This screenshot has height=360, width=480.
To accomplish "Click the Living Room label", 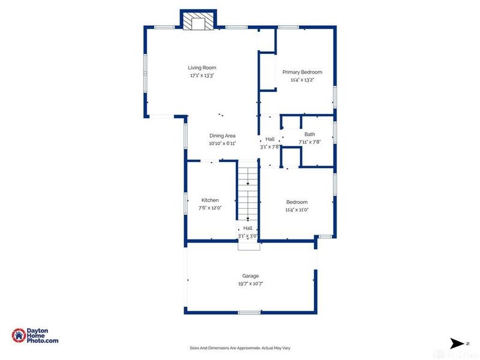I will pyautogui.click(x=202, y=68).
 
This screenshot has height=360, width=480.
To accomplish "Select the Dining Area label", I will pyautogui.click(x=222, y=136).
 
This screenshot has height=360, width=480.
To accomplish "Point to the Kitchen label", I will pyautogui.click(x=210, y=200).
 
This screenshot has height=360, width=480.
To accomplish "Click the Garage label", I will pyautogui.click(x=250, y=276).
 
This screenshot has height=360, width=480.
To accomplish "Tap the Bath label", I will pyautogui.click(x=310, y=134).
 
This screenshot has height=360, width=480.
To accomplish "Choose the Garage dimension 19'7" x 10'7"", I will pyautogui.click(x=250, y=284).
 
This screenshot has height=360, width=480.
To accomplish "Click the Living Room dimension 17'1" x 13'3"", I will pyautogui.click(x=202, y=76).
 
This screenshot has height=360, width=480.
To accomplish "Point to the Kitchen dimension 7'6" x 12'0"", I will pyautogui.click(x=211, y=208).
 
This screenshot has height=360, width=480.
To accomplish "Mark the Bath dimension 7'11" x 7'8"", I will pyautogui.click(x=310, y=142).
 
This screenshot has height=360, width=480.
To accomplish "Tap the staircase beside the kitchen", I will pyautogui.click(x=247, y=192).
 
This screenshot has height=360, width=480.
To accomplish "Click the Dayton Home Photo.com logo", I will pyautogui.click(x=35, y=335).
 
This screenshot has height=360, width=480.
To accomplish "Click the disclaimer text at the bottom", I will pyautogui.click(x=239, y=348).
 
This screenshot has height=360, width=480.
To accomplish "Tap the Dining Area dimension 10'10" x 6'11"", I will pyautogui.click(x=222, y=143).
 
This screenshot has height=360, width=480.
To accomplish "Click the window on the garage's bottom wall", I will pyautogui.click(x=249, y=312).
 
